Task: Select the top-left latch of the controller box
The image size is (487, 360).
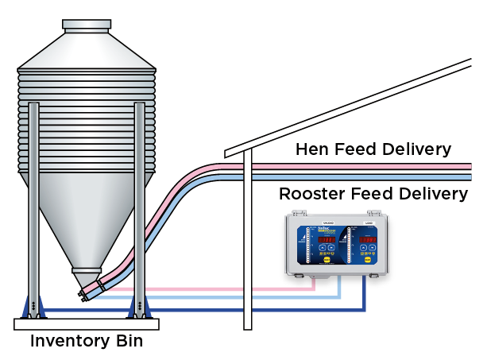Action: click(x=295, y=214)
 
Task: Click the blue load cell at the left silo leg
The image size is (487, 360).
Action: click(x=33, y=305)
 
